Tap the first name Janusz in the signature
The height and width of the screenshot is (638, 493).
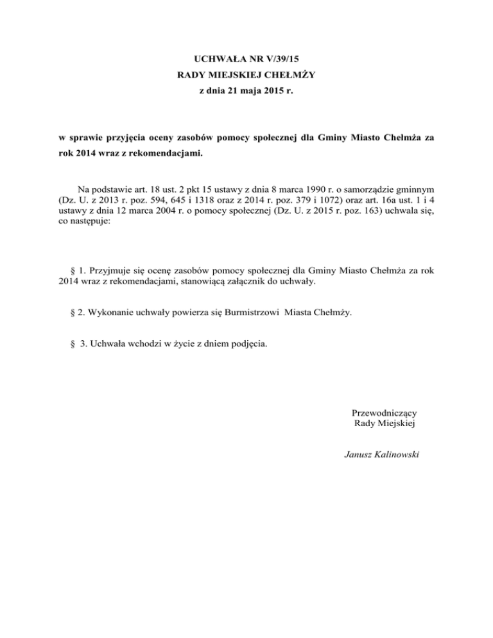(359, 455)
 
